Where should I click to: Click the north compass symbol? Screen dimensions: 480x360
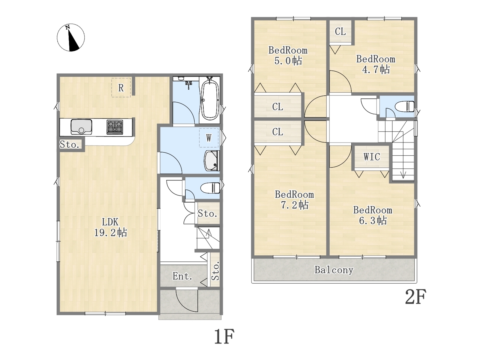coord(70,37)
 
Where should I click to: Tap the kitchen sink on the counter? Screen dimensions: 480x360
coord(81,127)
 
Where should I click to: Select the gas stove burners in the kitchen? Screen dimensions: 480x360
coord(114,127)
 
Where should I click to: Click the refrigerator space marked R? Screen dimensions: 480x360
coord(121,87)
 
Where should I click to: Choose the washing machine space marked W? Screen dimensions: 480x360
coord(209,138)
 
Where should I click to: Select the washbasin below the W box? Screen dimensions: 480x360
coord(211,160)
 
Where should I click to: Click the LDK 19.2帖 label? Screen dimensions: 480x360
coord(110,227)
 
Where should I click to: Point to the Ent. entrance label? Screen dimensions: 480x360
coord(182,276)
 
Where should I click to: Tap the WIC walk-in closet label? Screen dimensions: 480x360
coord(372,157)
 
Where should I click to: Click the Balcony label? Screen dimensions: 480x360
coord(334,270)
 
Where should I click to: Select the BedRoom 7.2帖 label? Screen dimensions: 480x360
coord(294,199)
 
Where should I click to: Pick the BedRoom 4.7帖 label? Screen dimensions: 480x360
coord(376,64)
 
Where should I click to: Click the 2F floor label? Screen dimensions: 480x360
coord(415,297)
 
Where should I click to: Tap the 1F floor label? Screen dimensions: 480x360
coord(224,337)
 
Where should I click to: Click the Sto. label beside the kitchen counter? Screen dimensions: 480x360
coord(69,144)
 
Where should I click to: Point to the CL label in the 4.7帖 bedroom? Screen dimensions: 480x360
coord(340,32)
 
